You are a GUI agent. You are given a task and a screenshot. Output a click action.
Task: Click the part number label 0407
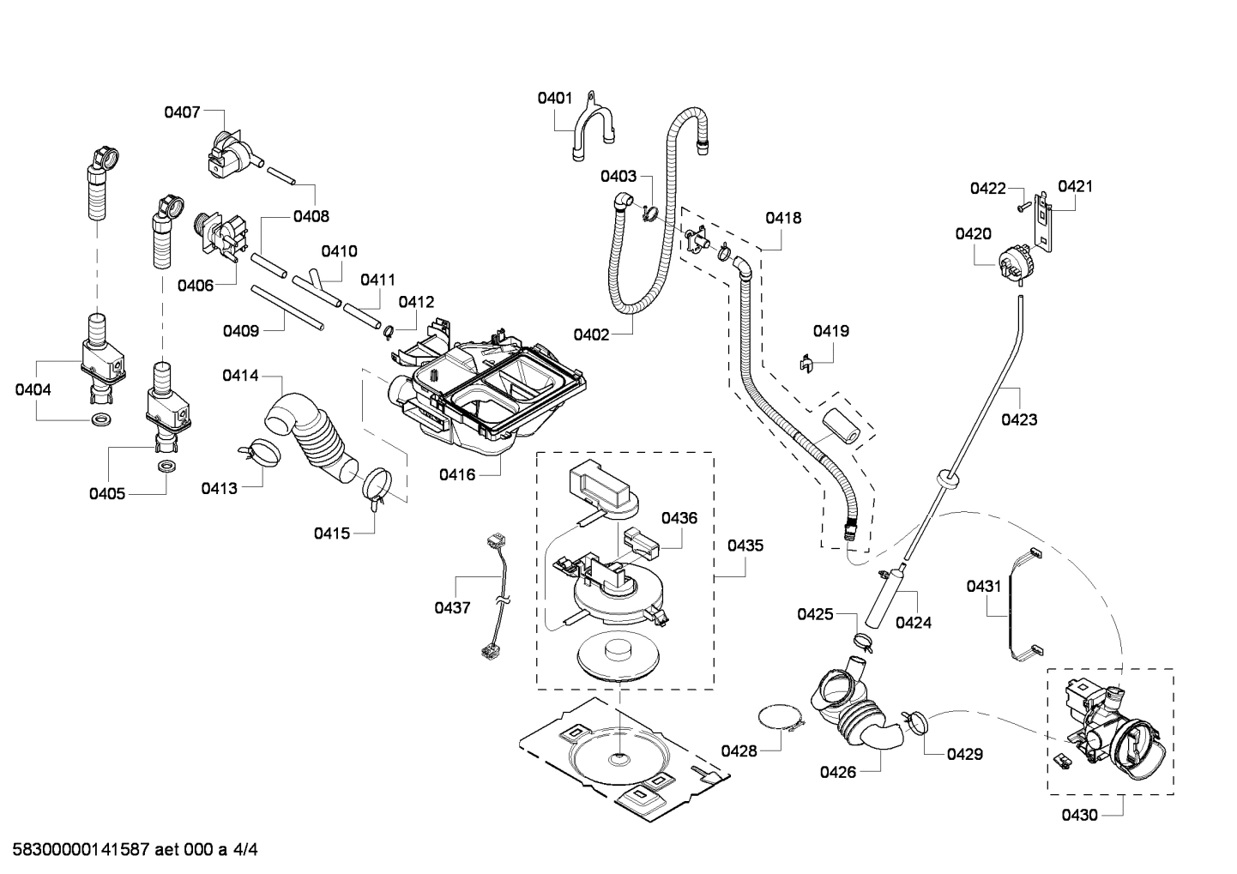click(182, 112)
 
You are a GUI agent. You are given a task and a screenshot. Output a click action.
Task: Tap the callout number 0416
click(456, 473)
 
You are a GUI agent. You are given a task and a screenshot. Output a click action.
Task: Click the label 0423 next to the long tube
click(1019, 419)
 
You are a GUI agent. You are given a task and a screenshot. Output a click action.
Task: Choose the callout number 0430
click(1079, 815)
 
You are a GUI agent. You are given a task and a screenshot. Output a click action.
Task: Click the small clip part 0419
click(806, 363)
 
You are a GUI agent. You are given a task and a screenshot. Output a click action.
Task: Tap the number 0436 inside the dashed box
click(679, 518)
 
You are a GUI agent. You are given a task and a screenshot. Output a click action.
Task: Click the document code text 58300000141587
click(76, 850)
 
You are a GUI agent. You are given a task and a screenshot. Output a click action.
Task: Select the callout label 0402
click(592, 335)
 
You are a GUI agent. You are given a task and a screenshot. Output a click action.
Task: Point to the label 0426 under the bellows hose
click(837, 772)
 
